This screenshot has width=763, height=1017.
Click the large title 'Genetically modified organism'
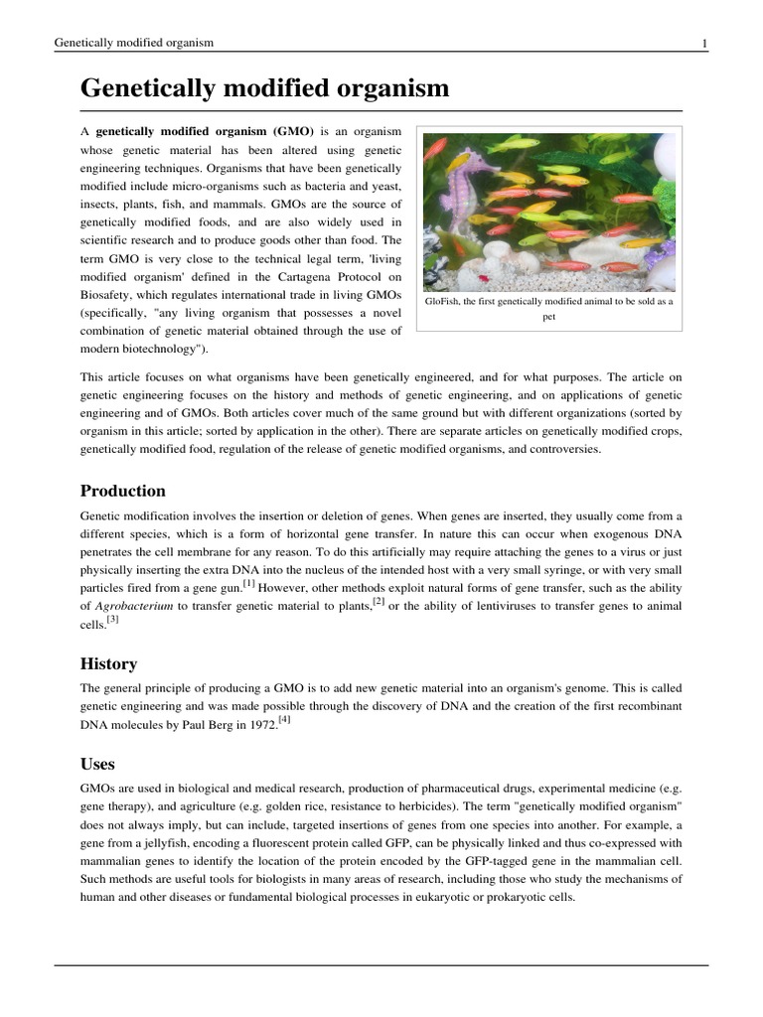click(264, 88)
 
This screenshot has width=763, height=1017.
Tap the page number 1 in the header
click(703, 43)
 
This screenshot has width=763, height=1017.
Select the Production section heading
click(122, 491)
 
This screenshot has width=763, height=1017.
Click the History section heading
click(108, 663)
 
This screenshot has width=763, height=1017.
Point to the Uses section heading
click(97, 764)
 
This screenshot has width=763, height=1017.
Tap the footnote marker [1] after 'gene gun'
click(248, 583)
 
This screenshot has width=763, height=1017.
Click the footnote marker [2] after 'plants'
click(378, 601)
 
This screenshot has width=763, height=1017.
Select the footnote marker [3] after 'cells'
click(112, 619)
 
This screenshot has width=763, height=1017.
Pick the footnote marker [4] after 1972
click(285, 719)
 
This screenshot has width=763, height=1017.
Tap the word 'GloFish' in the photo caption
click(443, 302)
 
